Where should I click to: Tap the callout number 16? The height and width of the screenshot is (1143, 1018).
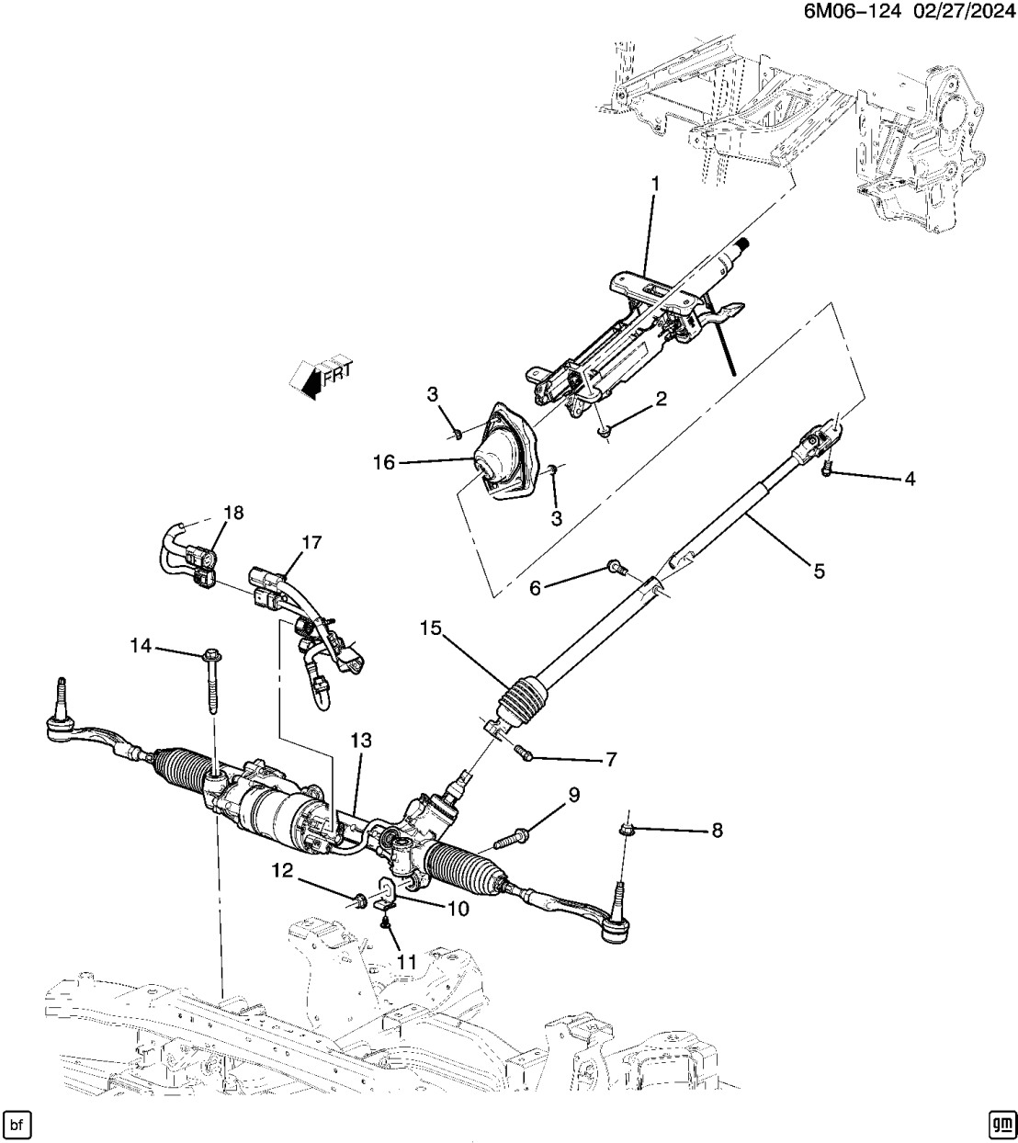coord(384,463)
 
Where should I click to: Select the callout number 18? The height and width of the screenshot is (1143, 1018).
coord(233,513)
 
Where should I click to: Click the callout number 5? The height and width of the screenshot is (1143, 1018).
coord(818,571)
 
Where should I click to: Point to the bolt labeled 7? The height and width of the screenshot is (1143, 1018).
coord(524,753)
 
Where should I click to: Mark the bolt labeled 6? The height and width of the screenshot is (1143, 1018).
coord(616,571)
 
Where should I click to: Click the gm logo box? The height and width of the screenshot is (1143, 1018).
coord(1001,1123)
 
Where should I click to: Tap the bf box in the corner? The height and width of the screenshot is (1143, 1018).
coord(17,1123)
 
